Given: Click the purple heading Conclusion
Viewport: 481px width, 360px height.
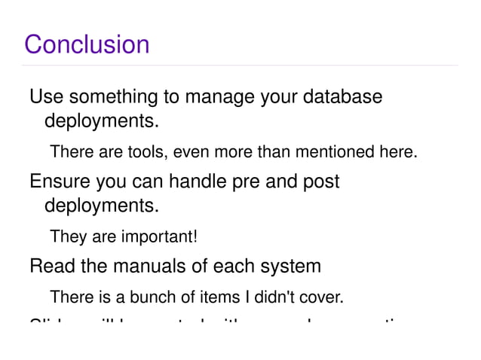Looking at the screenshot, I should click(87, 44).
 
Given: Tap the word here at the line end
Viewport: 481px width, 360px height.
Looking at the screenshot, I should click(397, 153).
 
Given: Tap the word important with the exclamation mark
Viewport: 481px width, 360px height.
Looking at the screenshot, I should click(158, 238).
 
